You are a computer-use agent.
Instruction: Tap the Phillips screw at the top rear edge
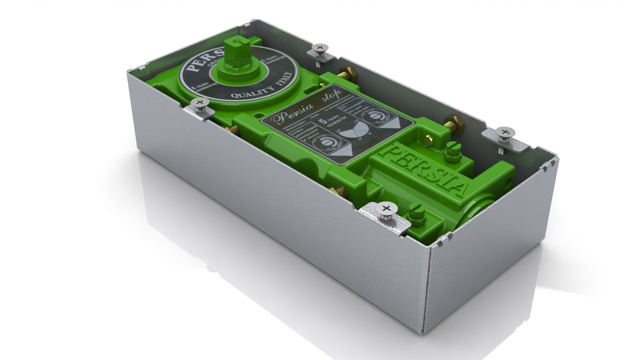(x=320, y=48)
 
